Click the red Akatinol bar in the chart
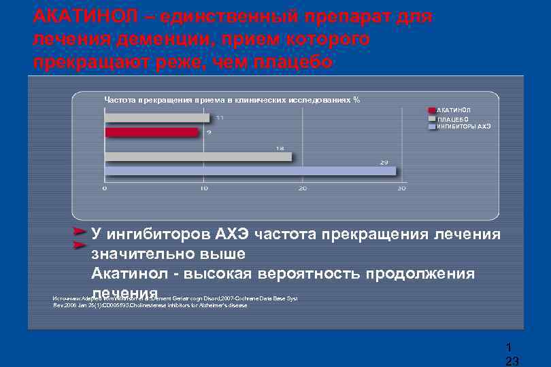tap(152, 132)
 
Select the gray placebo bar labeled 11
tap(157, 118)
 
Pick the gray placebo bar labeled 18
tap(198, 156)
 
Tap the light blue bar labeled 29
tap(250, 171)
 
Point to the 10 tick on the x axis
tap(203, 188)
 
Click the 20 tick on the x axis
tap(302, 188)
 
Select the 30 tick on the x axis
tap(401, 188)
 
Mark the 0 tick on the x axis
tap(105, 188)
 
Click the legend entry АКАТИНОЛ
tap(453, 110)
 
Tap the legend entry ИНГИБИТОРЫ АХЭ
tap(463, 126)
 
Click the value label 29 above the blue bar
tap(384, 162)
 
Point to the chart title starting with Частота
tap(231, 100)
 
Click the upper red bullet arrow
tap(80, 232)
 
